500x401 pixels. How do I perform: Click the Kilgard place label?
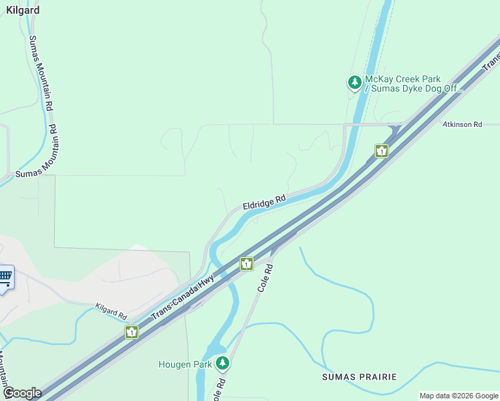[x=23, y=11]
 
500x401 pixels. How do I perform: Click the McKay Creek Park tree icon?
[x=354, y=83]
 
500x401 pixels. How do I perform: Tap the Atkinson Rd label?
[x=463, y=124]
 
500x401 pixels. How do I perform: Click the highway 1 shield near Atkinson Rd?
[x=381, y=151]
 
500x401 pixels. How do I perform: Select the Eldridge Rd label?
[x=264, y=201]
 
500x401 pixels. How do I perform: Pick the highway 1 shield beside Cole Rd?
[x=247, y=264]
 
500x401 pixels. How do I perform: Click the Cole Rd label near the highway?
[x=265, y=277]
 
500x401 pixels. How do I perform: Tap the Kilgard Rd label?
[x=111, y=310]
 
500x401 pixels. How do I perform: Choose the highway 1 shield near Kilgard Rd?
[x=132, y=331]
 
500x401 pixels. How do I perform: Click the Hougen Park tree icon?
[x=223, y=364]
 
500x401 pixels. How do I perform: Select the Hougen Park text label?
[x=185, y=364]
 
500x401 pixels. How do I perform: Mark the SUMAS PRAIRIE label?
[x=359, y=377]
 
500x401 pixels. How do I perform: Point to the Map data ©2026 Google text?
[x=459, y=396]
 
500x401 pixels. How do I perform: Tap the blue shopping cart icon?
[x=5, y=276]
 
